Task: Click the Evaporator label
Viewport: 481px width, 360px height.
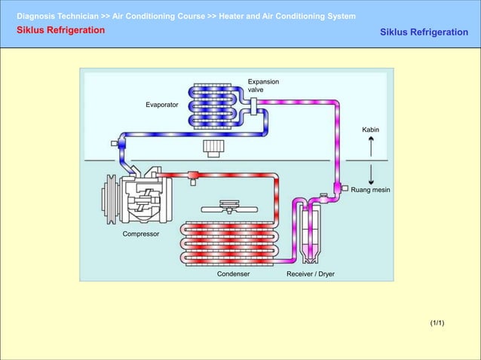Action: tap(162, 105)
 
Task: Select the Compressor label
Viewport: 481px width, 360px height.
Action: tap(141, 234)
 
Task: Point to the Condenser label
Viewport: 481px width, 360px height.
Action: tap(233, 274)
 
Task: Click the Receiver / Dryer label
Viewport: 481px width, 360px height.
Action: tap(310, 274)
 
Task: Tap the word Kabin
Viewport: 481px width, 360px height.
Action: tap(370, 130)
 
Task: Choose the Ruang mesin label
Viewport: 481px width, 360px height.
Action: tap(371, 191)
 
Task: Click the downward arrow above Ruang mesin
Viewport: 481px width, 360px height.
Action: tap(371, 175)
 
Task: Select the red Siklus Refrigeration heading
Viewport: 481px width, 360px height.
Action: tap(61, 30)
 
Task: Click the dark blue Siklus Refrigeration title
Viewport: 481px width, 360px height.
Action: tap(424, 32)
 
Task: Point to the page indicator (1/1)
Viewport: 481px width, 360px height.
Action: tap(437, 323)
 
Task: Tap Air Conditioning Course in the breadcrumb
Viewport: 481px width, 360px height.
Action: tap(158, 16)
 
